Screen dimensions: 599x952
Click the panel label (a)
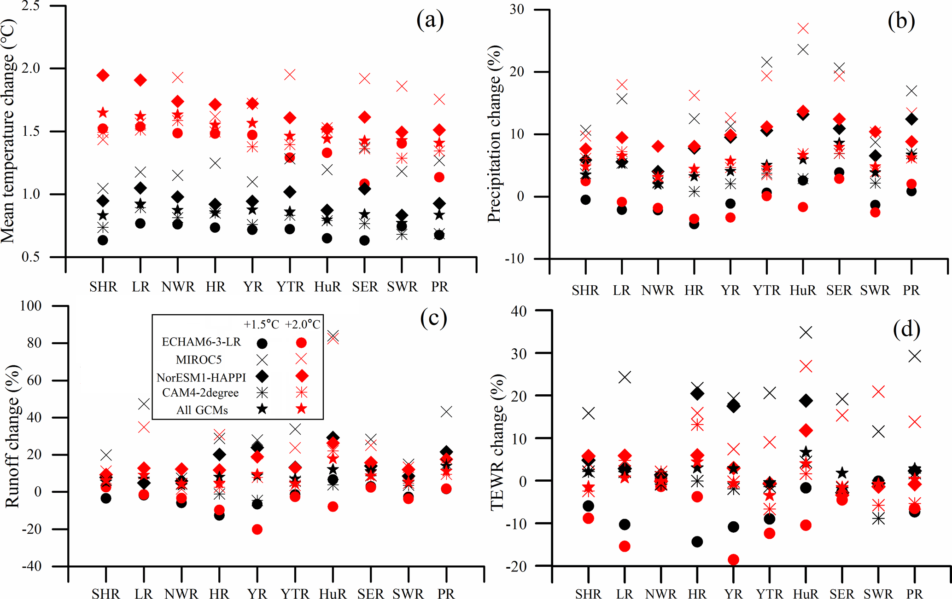[430, 21]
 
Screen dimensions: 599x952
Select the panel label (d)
[906, 329]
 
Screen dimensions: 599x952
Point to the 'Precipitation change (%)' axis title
[494, 133]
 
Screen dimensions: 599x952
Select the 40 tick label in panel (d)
[519, 311]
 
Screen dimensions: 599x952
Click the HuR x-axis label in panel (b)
[803, 291]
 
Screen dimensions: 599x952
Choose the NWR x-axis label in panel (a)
[178, 287]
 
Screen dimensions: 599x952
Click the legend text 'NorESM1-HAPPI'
[201, 378]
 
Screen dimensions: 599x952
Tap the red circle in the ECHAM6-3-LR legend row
[301, 343]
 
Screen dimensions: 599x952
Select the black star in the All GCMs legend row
[262, 409]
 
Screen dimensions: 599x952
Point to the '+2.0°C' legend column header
[303, 325]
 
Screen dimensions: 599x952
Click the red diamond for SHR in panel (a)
[103, 75]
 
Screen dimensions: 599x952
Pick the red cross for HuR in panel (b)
[803, 29]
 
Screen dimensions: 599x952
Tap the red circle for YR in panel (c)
[257, 530]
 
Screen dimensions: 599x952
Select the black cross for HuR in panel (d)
[806, 333]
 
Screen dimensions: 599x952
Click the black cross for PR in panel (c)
[446, 411]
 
